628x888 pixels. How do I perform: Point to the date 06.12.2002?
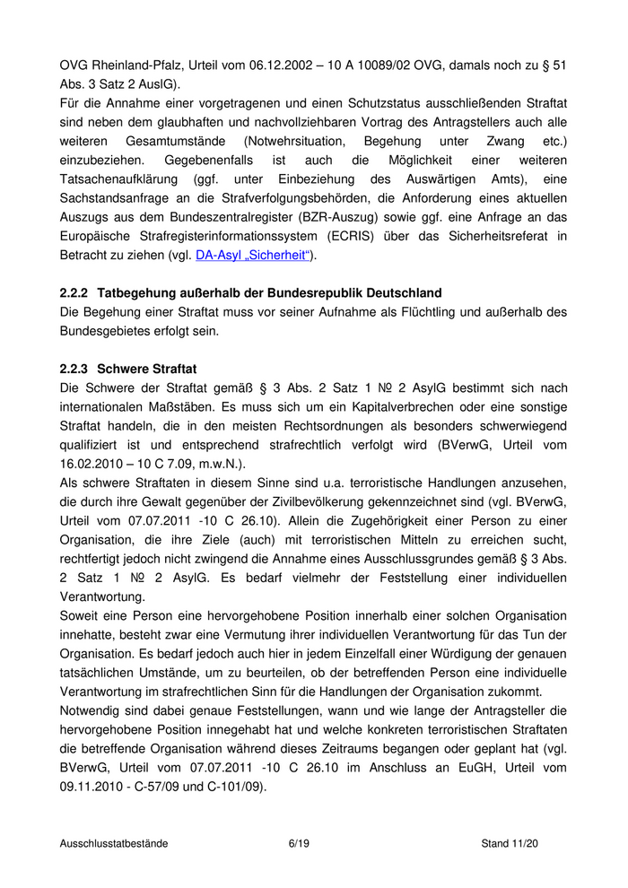coord(288,65)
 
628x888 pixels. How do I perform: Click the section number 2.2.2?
coord(74,293)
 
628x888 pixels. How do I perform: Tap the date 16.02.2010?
coord(92,463)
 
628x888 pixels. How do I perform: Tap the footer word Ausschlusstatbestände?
coord(114,843)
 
